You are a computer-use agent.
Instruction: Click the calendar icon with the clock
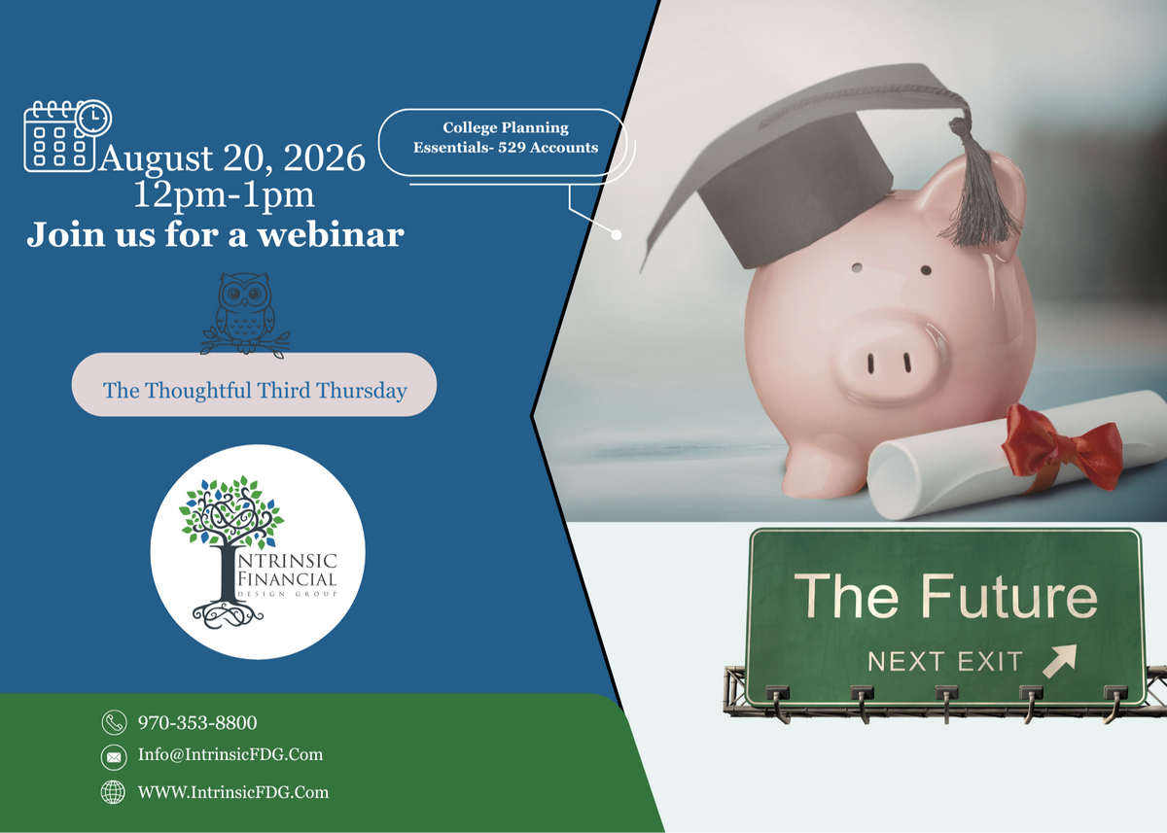(67, 135)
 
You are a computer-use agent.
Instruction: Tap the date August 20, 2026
(231, 157)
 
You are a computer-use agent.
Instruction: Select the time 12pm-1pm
(224, 195)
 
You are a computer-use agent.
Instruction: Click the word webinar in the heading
(332, 235)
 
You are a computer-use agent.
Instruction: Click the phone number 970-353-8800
(197, 722)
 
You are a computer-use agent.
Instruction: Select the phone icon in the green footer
(114, 722)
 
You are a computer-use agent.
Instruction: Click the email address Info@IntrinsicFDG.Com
(230, 754)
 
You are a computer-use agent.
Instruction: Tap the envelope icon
(114, 757)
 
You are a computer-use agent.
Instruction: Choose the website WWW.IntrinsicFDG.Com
(232, 792)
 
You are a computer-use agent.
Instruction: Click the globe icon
(113, 792)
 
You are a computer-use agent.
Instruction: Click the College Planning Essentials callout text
(506, 137)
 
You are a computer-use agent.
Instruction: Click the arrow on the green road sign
(1060, 661)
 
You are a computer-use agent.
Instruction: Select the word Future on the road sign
(1009, 596)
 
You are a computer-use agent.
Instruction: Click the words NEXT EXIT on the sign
(945, 662)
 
